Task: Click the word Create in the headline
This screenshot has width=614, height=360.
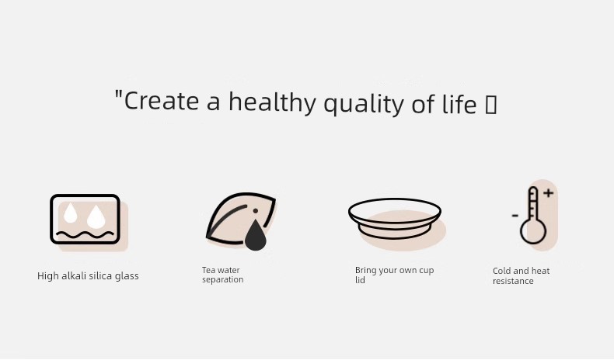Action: [x=162, y=101]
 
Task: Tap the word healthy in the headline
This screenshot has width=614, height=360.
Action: [x=272, y=102]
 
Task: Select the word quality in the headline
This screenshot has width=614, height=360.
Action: [x=364, y=103]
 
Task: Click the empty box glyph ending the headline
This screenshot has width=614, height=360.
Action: [x=491, y=105]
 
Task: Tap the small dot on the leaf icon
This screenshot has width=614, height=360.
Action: [x=255, y=211]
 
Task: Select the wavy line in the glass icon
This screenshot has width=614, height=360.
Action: [x=85, y=235]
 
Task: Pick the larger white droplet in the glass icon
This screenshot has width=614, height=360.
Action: [x=96, y=217]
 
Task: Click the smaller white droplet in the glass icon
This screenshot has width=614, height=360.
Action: [x=71, y=213]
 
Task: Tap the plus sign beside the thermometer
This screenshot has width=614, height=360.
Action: [x=548, y=192]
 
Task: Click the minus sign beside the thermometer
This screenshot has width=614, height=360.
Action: [x=515, y=216]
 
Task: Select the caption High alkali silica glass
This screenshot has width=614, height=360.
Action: [x=88, y=276]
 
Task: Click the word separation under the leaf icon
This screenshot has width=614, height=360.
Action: [x=223, y=280]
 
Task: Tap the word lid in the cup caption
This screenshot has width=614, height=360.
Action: [x=360, y=280]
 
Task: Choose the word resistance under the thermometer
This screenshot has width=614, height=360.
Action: [x=513, y=281]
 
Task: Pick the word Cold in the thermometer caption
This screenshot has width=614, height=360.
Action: [x=501, y=271]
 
